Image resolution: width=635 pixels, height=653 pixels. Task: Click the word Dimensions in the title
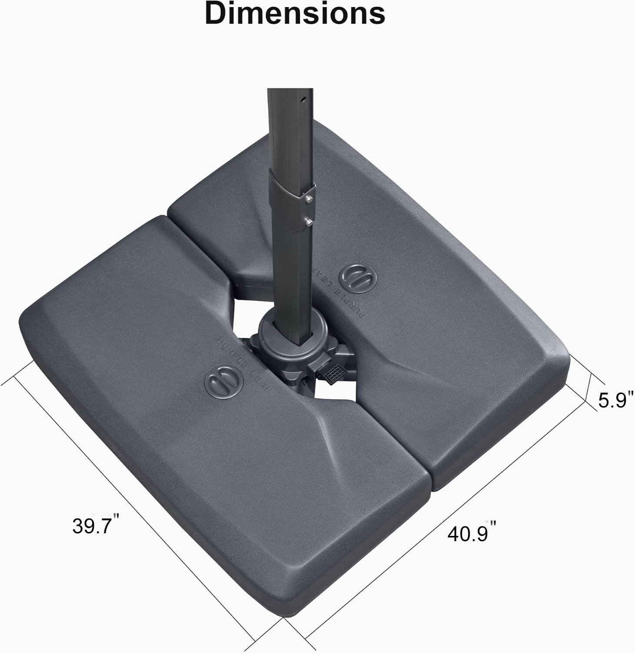295,13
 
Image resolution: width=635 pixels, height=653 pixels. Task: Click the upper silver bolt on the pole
308,199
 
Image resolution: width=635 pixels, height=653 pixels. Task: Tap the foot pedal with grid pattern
332,373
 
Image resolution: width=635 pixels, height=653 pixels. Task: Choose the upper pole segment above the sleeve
287,131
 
